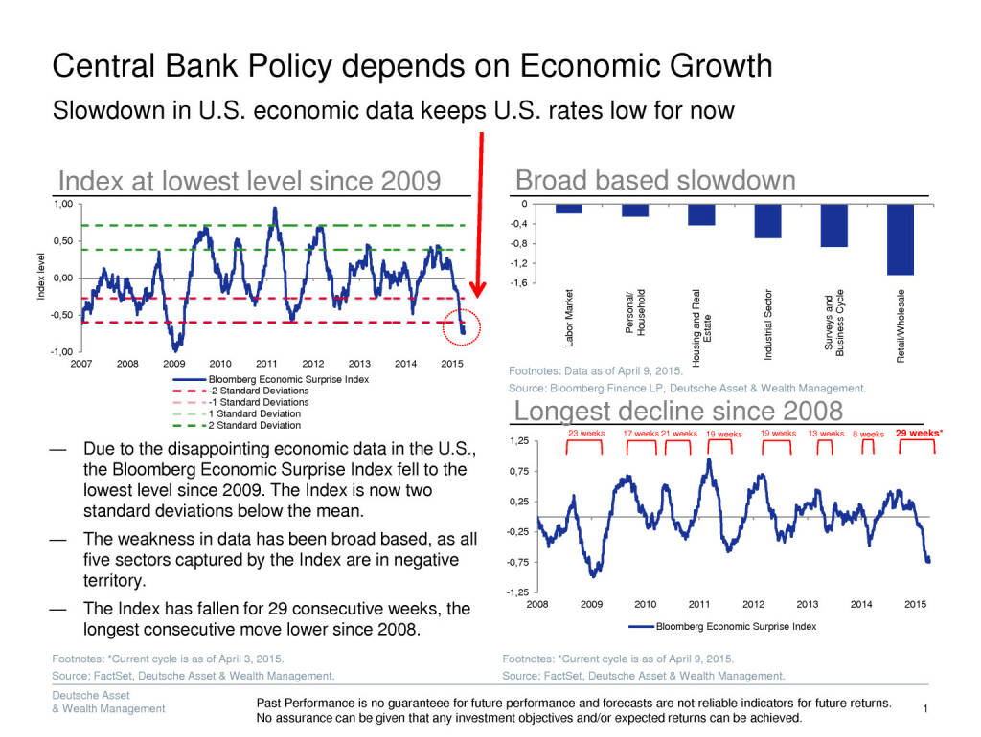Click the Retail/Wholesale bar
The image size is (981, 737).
[x=901, y=239]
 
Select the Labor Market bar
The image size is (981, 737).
[x=569, y=209]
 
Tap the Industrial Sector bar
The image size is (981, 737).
[x=767, y=221]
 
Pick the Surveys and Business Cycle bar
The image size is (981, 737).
[x=833, y=226]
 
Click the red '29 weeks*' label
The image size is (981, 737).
[x=919, y=433]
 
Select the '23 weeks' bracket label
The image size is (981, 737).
[x=586, y=434]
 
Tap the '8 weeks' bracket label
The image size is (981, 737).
[x=868, y=434]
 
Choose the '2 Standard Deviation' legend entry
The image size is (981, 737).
[x=255, y=425]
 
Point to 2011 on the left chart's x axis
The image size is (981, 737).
[x=266, y=364]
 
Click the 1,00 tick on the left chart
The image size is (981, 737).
[x=61, y=204]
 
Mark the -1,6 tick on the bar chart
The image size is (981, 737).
[x=518, y=283]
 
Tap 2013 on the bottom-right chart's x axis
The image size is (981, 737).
[x=808, y=604]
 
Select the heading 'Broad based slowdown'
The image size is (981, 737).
[x=655, y=180]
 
